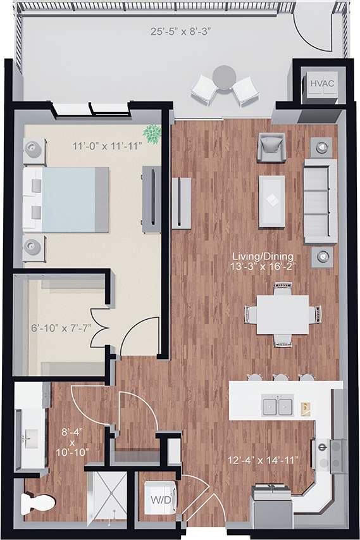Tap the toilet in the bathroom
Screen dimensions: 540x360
click(x=36, y=505)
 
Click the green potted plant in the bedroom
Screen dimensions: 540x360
click(x=152, y=134)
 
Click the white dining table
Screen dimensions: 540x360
click(x=283, y=315)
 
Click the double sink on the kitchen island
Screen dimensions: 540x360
click(x=276, y=405)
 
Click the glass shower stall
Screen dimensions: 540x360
click(x=106, y=497)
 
